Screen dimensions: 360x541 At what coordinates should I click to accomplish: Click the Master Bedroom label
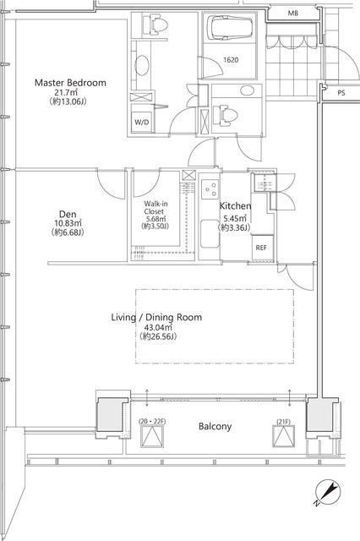coord(70,83)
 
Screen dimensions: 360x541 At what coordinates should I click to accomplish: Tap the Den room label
coord(68,214)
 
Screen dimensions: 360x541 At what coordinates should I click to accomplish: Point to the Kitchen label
coord(236,206)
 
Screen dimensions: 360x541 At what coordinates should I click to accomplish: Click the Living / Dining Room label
coord(156,318)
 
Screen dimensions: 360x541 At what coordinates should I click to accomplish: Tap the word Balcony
coord(215,426)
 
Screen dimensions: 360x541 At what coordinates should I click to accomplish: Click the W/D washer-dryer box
coord(142,122)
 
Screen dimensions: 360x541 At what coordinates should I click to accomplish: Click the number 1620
coord(231,60)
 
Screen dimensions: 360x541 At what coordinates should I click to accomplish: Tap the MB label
coord(292,14)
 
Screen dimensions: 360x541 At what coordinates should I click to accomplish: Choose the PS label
coord(341,93)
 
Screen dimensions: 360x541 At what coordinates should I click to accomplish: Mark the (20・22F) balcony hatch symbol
coord(152,436)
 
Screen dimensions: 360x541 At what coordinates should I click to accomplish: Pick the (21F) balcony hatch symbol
coord(284,436)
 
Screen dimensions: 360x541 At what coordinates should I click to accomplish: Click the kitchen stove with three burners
coord(210,189)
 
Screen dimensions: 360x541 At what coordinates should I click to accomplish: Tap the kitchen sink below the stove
coord(210,234)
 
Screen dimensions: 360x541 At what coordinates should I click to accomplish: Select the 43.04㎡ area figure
coord(158,327)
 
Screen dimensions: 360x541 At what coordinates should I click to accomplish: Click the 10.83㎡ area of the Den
coord(68,223)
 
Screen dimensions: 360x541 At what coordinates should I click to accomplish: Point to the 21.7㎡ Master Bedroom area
coord(65,92)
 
